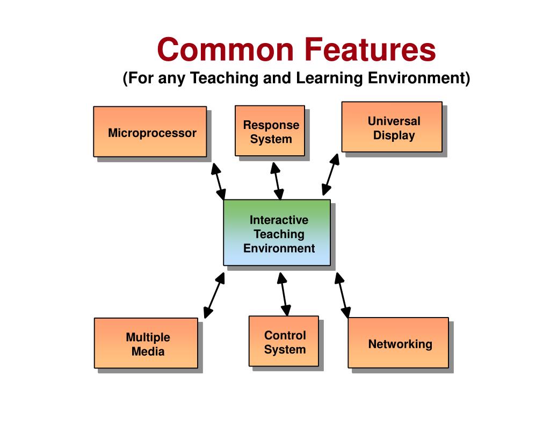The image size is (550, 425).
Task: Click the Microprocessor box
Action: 150,132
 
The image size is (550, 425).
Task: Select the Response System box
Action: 270,131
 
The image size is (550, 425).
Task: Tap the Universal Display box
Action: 392,127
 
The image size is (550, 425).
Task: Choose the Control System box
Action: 284,341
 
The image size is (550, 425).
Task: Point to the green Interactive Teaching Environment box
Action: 277,233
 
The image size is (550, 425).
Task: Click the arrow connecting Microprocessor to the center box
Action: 218,182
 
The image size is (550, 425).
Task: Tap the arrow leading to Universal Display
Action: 330,175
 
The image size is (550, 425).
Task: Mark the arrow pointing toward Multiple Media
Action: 214,295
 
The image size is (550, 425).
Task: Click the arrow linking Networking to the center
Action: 343,295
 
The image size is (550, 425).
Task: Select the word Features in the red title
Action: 371,49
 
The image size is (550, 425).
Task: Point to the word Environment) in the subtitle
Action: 419,78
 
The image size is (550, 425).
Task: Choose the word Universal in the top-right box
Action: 394,121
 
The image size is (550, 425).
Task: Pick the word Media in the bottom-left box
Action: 148,352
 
